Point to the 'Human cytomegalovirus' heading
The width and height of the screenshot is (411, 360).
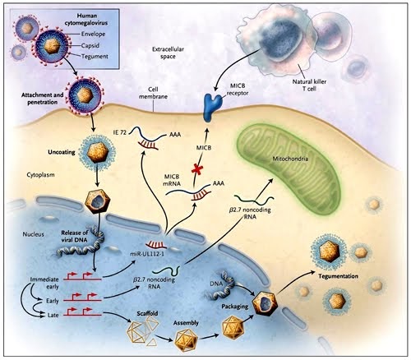point(92,18)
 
